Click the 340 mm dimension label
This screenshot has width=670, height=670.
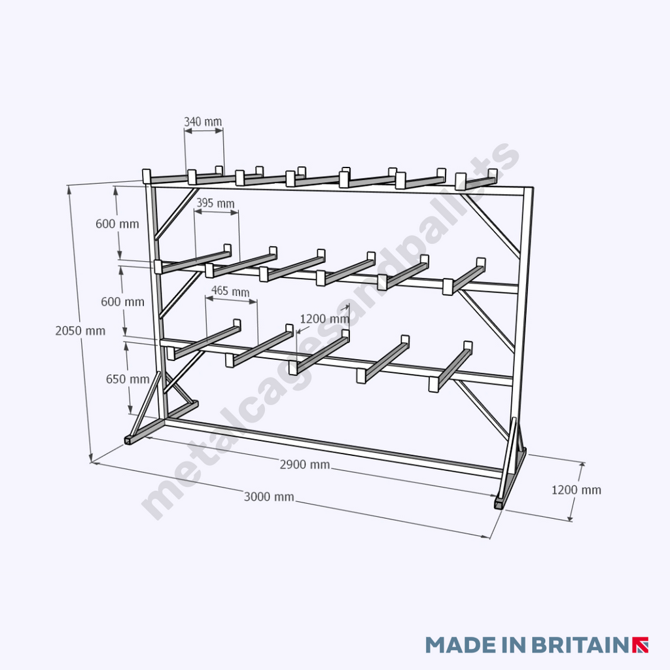pyautogui.click(x=203, y=122)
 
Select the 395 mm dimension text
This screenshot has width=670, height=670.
pyautogui.click(x=215, y=203)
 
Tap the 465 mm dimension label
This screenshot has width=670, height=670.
pyautogui.click(x=230, y=291)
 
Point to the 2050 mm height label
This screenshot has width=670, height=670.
pyautogui.click(x=80, y=331)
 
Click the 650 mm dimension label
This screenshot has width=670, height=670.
pyautogui.click(x=127, y=379)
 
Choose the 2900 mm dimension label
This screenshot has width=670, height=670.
pyautogui.click(x=304, y=465)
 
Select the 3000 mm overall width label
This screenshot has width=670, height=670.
pyautogui.click(x=269, y=497)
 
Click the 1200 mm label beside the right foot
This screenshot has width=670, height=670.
pyautogui.click(x=576, y=490)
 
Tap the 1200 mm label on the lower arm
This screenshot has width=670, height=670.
pyautogui.click(x=325, y=319)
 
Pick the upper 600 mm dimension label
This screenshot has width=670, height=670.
pyautogui.click(x=117, y=224)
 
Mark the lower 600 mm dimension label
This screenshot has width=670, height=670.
pyautogui.click(x=122, y=302)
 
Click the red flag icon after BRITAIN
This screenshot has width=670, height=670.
pyautogui.click(x=641, y=644)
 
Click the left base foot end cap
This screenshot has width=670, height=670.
pyautogui.click(x=131, y=440)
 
